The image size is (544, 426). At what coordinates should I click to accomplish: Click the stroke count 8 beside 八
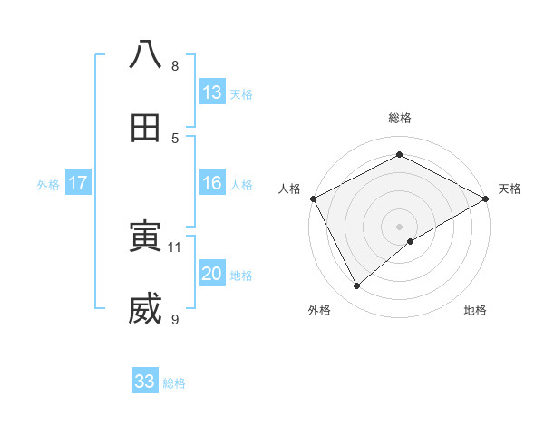pos(175,65)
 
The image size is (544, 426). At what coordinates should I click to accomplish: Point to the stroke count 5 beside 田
pos(175,138)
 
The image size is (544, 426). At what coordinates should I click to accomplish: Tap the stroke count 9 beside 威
pos(175,319)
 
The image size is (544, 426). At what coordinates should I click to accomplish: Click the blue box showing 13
pos(212,92)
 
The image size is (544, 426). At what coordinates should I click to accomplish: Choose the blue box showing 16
pos(212,183)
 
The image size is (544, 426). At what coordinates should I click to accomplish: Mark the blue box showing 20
pos(212,274)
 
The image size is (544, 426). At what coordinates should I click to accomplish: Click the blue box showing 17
pos(78,183)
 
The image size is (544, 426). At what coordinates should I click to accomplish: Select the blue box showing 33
pos(145,382)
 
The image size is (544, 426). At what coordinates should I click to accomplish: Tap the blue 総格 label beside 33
pos(174,383)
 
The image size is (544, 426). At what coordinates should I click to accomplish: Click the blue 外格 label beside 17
pos(48,184)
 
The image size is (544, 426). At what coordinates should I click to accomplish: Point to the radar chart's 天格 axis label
pos(510,189)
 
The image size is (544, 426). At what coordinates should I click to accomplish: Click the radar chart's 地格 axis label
pos(475,310)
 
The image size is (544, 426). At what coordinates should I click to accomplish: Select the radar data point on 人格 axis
pos(313,198)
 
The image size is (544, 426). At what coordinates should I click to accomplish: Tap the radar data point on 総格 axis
pos(399,155)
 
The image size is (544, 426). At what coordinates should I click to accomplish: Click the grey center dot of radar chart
pos(399,226)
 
